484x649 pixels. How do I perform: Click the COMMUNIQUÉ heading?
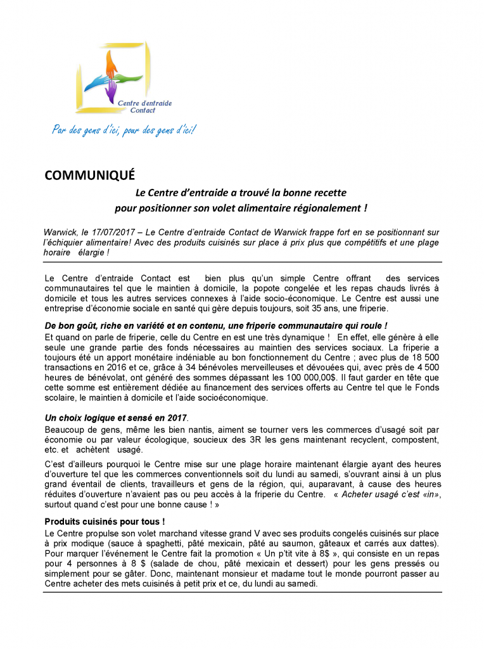[x=89, y=176]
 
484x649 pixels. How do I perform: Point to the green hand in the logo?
[x=129, y=79]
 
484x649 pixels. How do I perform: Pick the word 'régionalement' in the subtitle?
[x=327, y=207]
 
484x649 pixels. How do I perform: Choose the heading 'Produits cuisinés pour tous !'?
[x=105, y=522]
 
